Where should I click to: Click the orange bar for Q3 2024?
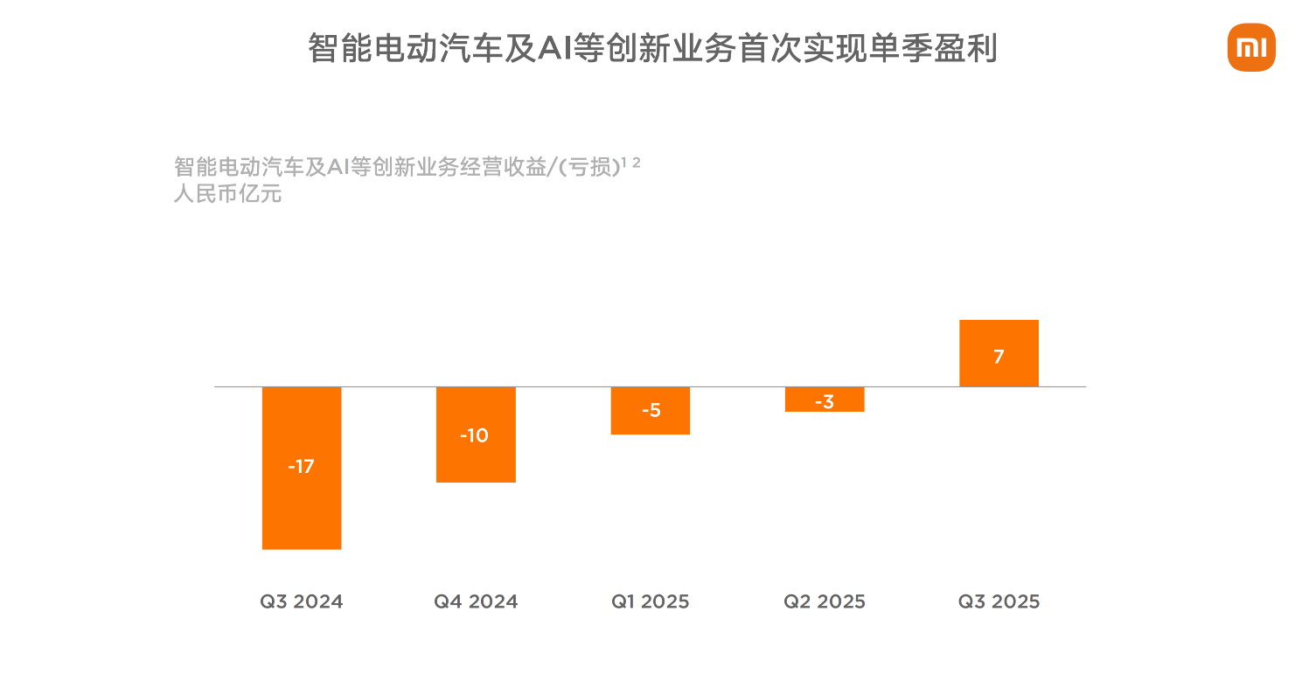[302, 507]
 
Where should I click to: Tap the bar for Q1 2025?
[651, 424]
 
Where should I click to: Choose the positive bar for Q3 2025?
[999, 337]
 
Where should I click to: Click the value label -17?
[301, 467]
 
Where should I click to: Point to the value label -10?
[474, 435]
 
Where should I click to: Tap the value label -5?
[651, 410]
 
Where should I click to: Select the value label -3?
[824, 402]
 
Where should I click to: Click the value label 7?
[999, 357]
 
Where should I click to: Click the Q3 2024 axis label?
[302, 601]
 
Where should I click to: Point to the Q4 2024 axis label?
[476, 601]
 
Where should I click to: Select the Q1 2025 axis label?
[651, 601]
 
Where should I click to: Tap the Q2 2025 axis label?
[825, 601]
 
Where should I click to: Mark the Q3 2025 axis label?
[999, 601]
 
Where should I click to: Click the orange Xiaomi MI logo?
[1251, 47]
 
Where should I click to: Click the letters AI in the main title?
[554, 49]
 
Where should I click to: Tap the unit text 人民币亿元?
[227, 194]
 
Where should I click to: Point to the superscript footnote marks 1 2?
[631, 163]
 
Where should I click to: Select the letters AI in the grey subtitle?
[338, 167]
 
